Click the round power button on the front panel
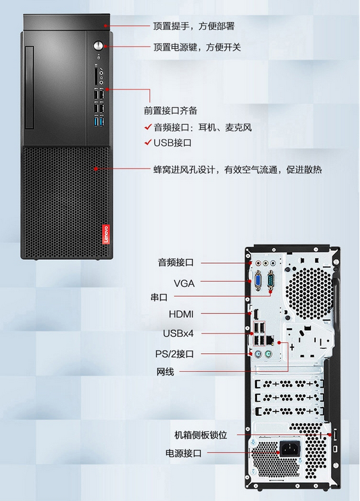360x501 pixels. [x=98, y=45]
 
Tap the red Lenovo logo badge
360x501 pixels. [x=106, y=234]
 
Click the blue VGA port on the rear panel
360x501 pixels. [x=258, y=280]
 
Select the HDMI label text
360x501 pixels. [x=181, y=314]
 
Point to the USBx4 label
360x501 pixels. [x=178, y=333]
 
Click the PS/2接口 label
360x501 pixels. [x=175, y=354]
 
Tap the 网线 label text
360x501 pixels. [x=165, y=372]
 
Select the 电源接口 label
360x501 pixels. [x=184, y=453]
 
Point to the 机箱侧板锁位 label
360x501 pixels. [x=201, y=435]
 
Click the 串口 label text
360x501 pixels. [x=159, y=297]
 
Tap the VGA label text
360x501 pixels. [x=184, y=283]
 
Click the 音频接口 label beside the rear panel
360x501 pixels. [x=176, y=262]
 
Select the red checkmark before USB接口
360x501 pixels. [x=148, y=142]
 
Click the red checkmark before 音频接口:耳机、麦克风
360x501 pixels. [x=148, y=127]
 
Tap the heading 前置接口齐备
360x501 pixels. [x=170, y=111]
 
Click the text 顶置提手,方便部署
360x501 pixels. [x=194, y=26]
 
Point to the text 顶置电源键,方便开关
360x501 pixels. [x=197, y=47]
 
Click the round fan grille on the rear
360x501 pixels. [x=309, y=293]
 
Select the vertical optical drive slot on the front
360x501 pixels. [x=29, y=88]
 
